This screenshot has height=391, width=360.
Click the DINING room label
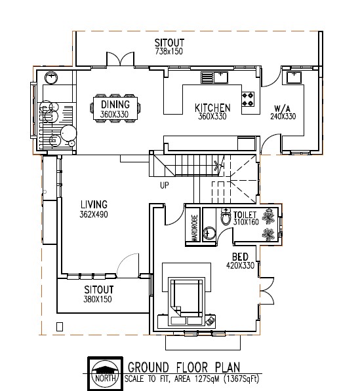tap(115, 104)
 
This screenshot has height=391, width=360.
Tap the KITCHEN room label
tap(212, 108)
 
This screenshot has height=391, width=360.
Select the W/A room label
tap(283, 109)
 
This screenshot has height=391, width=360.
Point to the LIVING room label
tap(94, 204)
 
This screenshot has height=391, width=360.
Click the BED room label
tap(240, 257)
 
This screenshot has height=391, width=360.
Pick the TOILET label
tap(245, 215)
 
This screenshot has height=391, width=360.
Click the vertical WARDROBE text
tap(195, 228)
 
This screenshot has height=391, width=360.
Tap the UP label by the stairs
tap(165, 185)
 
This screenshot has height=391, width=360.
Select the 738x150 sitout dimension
tap(169, 51)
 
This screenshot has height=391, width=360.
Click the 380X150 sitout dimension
tap(98, 299)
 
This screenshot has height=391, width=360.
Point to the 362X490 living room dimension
tap(94, 214)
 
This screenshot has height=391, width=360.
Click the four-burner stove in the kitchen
tap(248, 99)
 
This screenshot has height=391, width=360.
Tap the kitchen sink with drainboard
tap(214, 77)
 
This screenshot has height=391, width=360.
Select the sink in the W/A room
tap(294, 77)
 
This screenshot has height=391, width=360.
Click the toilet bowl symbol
tap(226, 217)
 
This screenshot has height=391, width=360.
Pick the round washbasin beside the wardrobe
tap(209, 233)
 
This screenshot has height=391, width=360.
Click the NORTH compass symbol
tap(105, 374)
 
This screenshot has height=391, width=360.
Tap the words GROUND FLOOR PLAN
tap(184, 367)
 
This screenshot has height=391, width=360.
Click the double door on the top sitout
tap(121, 59)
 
